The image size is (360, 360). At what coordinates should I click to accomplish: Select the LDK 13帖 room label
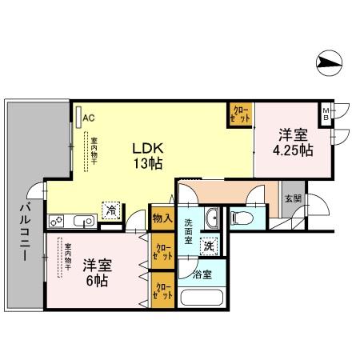point(148,155)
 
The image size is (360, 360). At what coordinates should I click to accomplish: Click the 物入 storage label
point(161,217)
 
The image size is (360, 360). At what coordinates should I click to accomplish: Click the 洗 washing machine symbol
point(210,247)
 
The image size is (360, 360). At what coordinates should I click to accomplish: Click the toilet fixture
point(242,216)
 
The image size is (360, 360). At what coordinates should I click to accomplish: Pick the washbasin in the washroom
point(212,219)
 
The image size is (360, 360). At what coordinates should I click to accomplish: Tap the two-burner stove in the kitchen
point(58,221)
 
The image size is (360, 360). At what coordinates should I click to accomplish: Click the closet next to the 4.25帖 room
point(240,113)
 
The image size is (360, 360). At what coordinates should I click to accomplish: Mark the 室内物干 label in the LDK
point(94,150)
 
